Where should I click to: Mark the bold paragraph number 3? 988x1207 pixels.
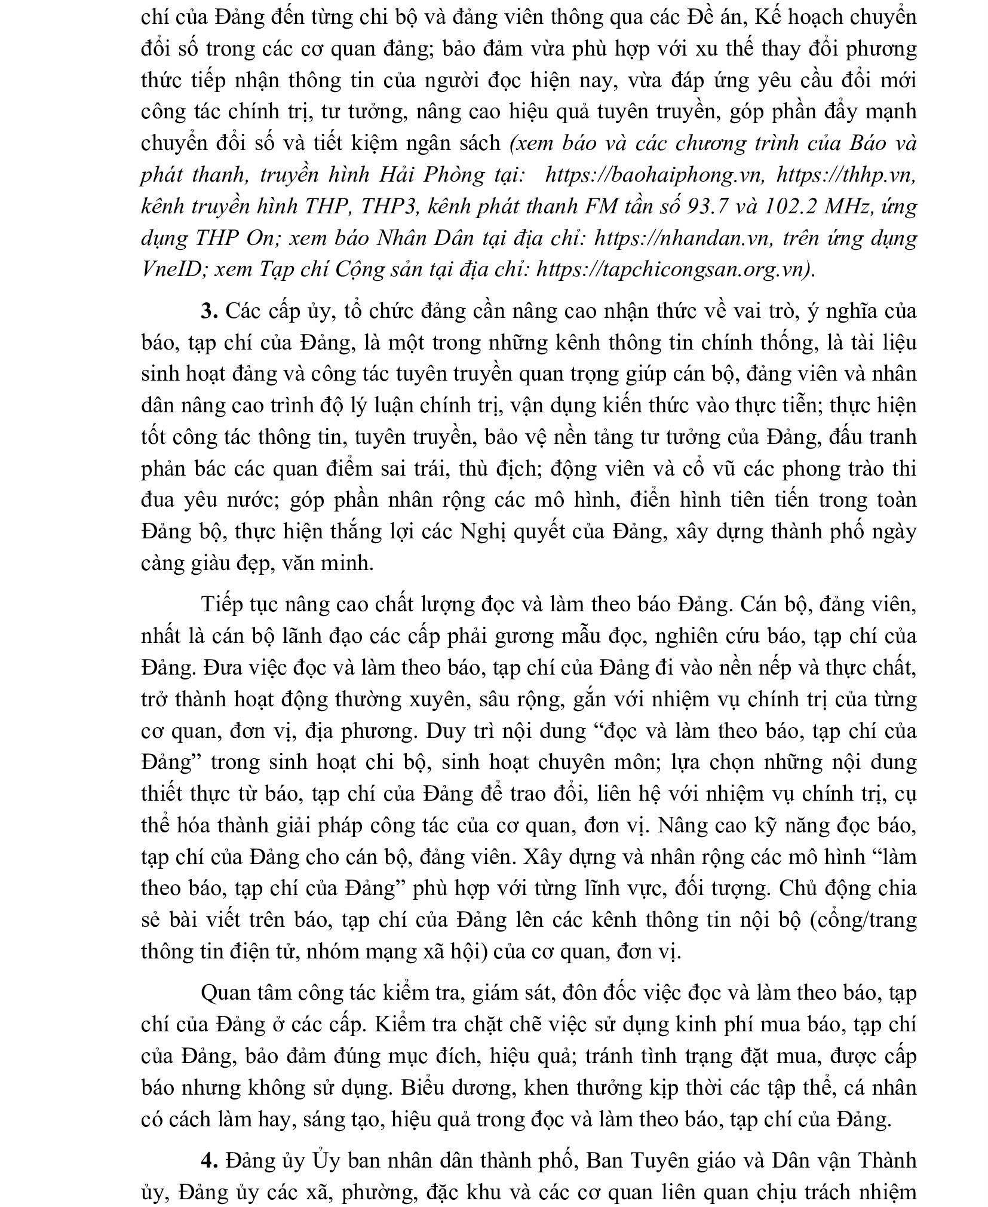pos(209,311)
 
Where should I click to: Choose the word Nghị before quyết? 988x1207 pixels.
pos(484,532)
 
